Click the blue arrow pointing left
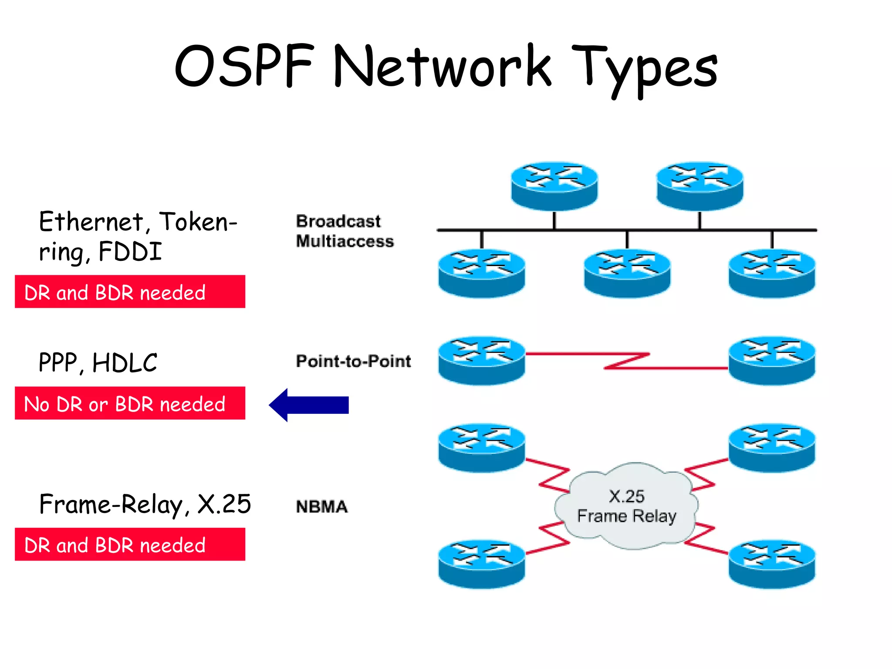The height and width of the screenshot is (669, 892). [x=309, y=405]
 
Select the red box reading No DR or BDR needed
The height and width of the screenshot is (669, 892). [x=130, y=403]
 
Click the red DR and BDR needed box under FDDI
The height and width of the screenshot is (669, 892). [x=130, y=292]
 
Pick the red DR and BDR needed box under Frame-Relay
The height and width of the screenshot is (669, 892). [x=130, y=544]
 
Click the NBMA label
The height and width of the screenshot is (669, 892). [x=322, y=507]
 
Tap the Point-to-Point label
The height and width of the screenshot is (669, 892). [x=353, y=361]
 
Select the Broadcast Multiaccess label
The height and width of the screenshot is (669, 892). [x=344, y=231]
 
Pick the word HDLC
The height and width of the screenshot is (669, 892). [x=125, y=363]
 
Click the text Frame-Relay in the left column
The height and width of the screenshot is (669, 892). [x=111, y=504]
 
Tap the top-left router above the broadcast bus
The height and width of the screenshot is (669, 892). [x=554, y=186]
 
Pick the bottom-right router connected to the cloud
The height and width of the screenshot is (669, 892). [x=772, y=564]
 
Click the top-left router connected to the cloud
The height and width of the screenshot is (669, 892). [x=481, y=447]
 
